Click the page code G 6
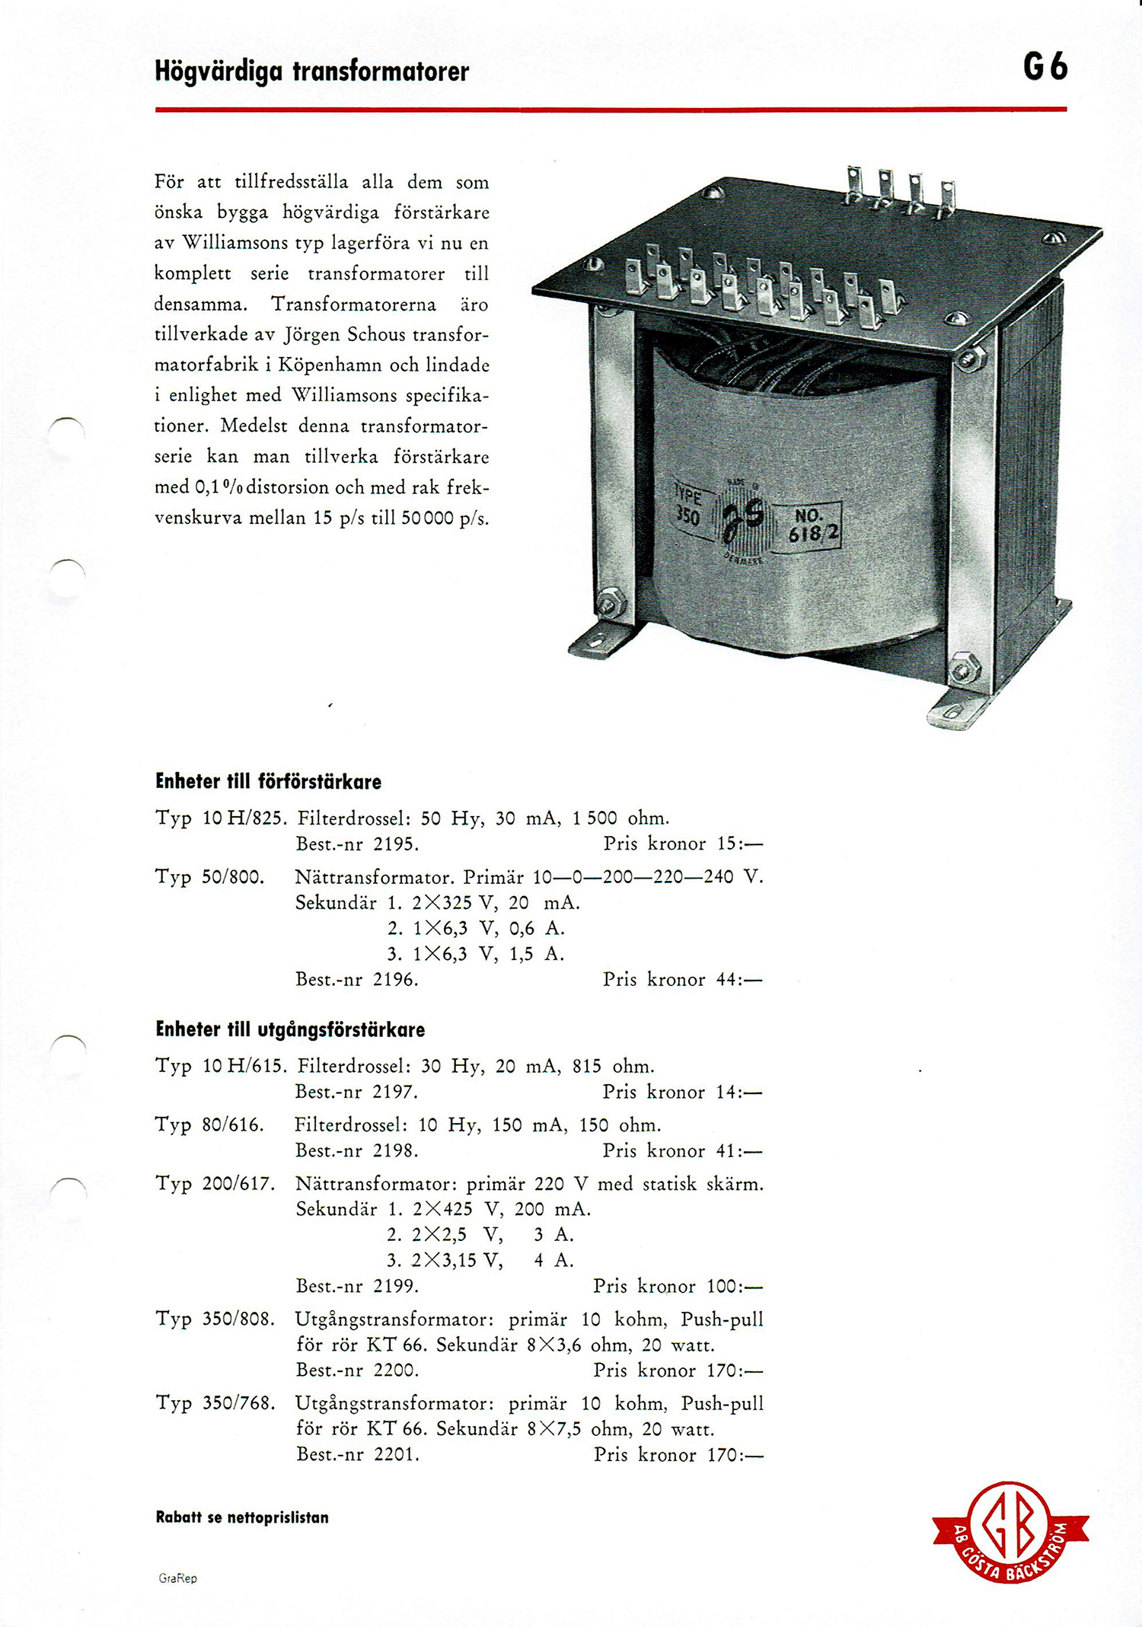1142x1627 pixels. click(x=1045, y=69)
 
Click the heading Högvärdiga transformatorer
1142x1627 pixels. click(x=312, y=72)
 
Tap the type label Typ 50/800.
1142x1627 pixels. click(x=210, y=877)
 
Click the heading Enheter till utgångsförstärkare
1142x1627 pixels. click(x=290, y=1030)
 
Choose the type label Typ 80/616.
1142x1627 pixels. click(x=210, y=1125)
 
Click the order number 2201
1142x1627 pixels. click(x=396, y=1454)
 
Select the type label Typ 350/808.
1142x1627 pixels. click(x=215, y=1319)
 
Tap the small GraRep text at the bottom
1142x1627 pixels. click(x=178, y=1578)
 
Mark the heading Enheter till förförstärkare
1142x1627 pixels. click(x=268, y=782)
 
